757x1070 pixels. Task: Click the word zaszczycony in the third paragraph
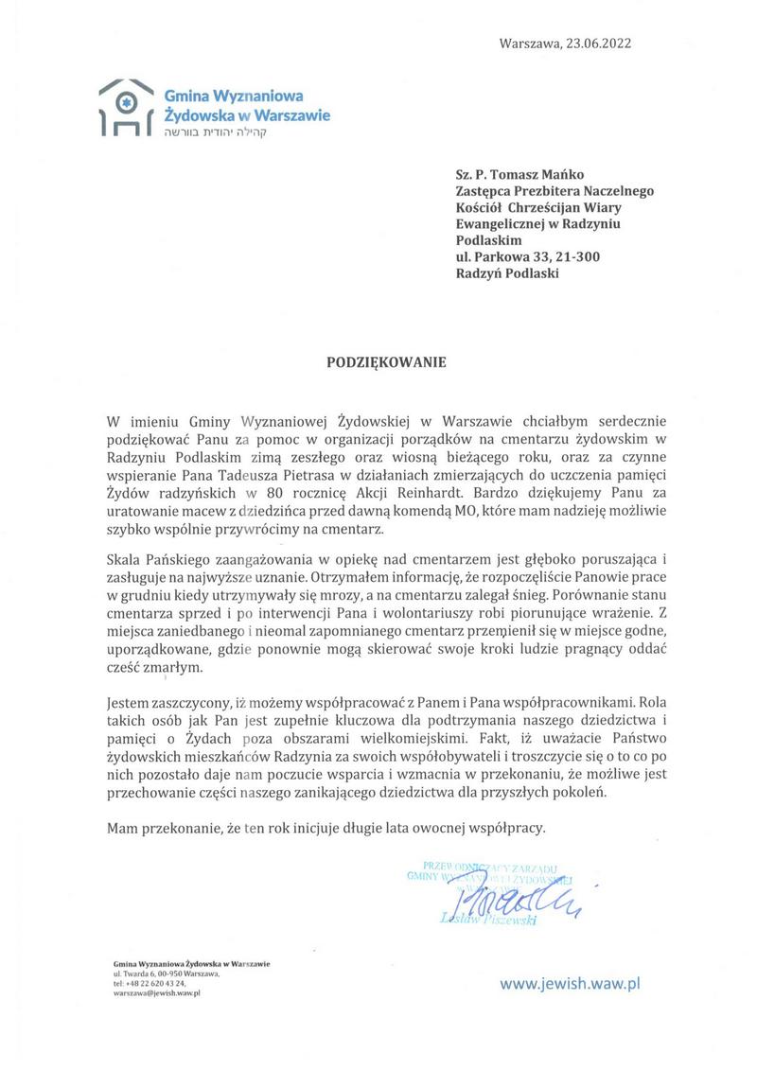coord(184,704)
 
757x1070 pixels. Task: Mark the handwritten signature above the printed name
coord(512,897)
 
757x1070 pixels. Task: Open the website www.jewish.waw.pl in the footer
coord(571,984)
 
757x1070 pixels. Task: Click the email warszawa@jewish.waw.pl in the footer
coord(155,994)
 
